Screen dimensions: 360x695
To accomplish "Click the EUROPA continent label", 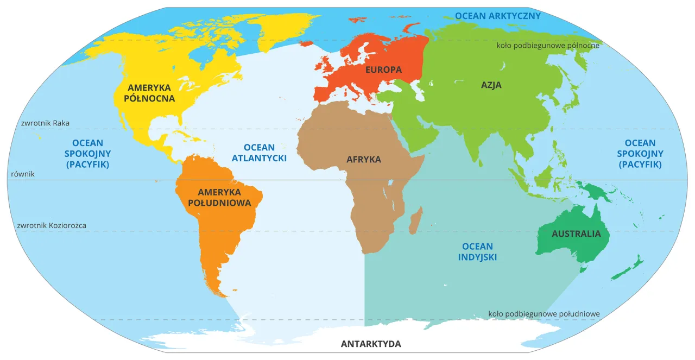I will coord(383,70).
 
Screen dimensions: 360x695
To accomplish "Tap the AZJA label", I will coord(491,85).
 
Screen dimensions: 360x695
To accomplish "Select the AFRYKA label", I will coord(364,160).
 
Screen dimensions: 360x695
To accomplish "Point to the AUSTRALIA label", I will coord(576,234).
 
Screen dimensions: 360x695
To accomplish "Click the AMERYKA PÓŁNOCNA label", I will coord(149,93).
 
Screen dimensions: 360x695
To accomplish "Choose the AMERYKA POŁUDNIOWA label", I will coord(219,198).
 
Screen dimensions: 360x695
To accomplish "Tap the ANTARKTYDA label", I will coord(371,344).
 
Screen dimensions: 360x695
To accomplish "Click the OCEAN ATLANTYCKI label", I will coord(259,153).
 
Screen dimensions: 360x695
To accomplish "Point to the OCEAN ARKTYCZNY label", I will coord(498,16).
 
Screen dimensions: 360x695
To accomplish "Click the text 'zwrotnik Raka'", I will coord(46,123).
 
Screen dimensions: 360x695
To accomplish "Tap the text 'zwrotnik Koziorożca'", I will coord(52,225).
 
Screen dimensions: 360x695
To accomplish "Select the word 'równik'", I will coord(22,174).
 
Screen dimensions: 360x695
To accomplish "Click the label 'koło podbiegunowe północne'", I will coord(547,46).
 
